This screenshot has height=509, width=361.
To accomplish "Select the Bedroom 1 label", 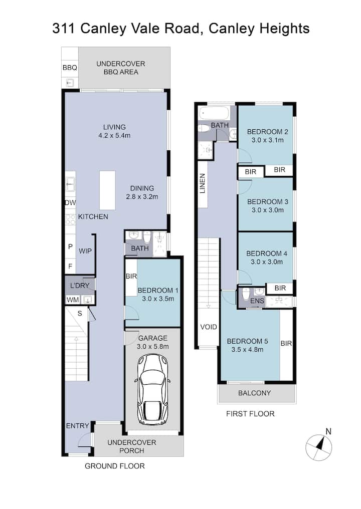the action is pyautogui.click(x=158, y=290).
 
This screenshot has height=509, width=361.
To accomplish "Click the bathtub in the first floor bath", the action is pyautogui.click(x=215, y=113).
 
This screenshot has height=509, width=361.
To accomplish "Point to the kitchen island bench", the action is pyautogui.click(x=107, y=190).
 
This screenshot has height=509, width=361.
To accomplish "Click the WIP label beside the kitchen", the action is pyautogui.click(x=85, y=251).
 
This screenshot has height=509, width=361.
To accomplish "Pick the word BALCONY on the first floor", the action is pyautogui.click(x=254, y=393).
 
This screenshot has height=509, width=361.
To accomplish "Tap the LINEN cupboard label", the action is pyautogui.click(x=203, y=183).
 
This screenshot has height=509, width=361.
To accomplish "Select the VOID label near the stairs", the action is pyautogui.click(x=209, y=327).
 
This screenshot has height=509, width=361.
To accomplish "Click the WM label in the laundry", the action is pyautogui.click(x=73, y=300).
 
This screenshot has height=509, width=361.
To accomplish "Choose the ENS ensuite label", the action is pyautogui.click(x=257, y=301).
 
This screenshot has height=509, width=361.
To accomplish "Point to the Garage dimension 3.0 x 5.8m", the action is pyautogui.click(x=153, y=346).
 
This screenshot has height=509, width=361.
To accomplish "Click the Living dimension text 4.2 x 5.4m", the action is pyautogui.click(x=114, y=135).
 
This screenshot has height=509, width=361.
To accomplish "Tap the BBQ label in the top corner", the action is pyautogui.click(x=70, y=68).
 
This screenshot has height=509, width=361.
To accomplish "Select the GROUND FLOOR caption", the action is pyautogui.click(x=115, y=466).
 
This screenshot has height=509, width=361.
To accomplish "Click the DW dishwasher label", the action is pyautogui.click(x=71, y=203).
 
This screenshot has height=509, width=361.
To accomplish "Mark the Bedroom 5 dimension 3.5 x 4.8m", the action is pyautogui.click(x=247, y=350).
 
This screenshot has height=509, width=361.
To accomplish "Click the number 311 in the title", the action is pyautogui.click(x=64, y=29).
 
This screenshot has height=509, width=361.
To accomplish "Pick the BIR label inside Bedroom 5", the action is pyautogui.click(x=286, y=344).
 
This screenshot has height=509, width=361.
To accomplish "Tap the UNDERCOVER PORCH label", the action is pyautogui.click(x=131, y=446).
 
